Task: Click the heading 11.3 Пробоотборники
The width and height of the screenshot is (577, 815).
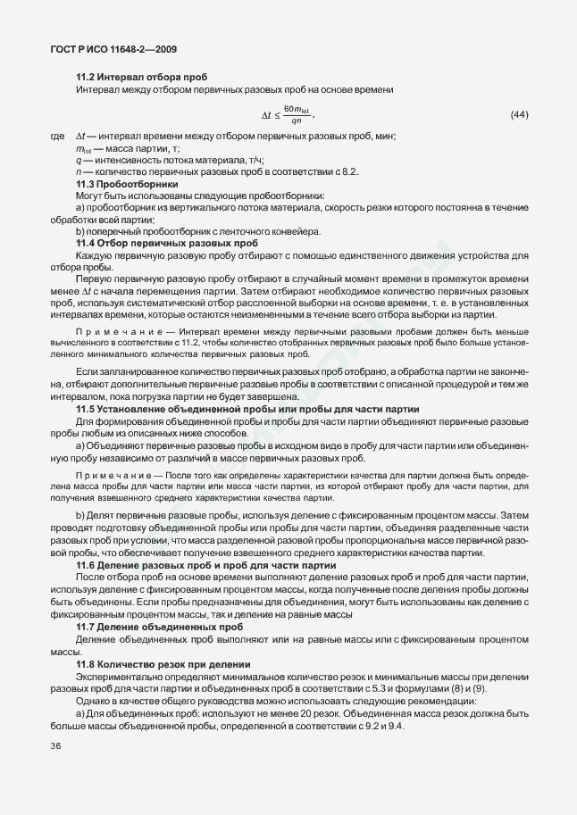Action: tap(125, 183)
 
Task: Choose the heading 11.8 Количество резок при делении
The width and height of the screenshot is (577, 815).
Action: tap(163, 665)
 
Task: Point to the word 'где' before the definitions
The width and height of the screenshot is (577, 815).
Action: tap(58, 136)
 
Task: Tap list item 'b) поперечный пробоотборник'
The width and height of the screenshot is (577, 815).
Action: tap(197, 231)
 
